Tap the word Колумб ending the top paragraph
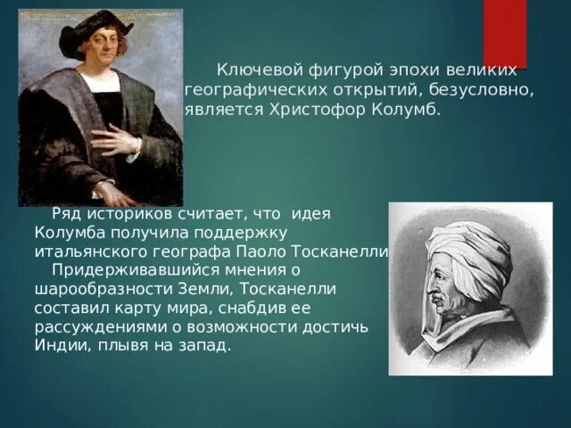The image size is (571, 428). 406,110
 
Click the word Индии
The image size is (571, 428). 62,345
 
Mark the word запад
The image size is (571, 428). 204,346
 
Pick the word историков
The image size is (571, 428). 129,214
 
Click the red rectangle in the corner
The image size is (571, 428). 505,34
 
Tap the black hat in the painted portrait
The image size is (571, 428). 95,29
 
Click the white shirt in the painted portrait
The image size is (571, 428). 100,82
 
